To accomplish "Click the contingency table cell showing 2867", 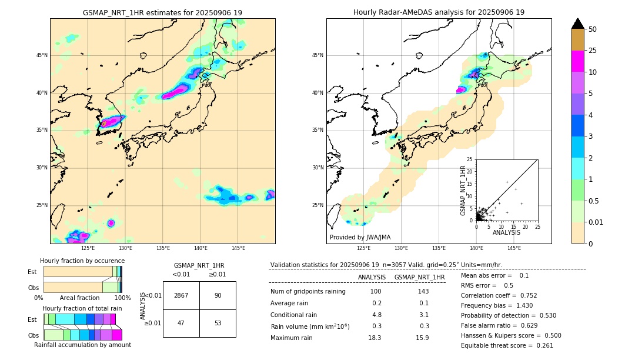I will click(181, 295).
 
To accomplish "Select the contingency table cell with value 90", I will click(218, 295).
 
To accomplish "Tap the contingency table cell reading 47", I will click(181, 323).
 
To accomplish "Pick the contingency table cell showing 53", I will click(218, 323).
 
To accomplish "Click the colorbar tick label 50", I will click(593, 29).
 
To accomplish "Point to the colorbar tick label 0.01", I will click(596, 222).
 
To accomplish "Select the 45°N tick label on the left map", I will click(42, 55).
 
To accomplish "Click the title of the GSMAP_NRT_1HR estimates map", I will click(162, 12).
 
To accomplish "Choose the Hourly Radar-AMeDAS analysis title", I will click(439, 12).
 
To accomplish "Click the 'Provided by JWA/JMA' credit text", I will click(360, 238).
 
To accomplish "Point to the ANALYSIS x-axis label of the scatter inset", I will click(506, 233).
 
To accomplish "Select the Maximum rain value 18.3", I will click(375, 338).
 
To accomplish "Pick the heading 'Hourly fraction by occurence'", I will click(82, 261).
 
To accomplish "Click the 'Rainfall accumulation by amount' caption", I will click(82, 345).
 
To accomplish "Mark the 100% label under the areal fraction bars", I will click(122, 298).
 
